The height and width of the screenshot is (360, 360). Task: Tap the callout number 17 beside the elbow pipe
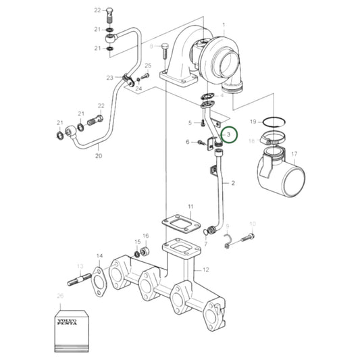tap(293, 155)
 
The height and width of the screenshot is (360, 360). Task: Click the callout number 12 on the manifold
tap(206, 270)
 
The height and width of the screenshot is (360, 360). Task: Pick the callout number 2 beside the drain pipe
tap(233, 183)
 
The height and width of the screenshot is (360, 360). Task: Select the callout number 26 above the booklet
tap(60, 296)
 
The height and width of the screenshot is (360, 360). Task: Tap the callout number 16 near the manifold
tap(145, 236)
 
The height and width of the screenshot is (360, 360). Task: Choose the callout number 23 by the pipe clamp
tap(109, 78)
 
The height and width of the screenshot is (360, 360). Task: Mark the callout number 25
tap(147, 65)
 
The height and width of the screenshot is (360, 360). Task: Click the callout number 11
tap(190, 205)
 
